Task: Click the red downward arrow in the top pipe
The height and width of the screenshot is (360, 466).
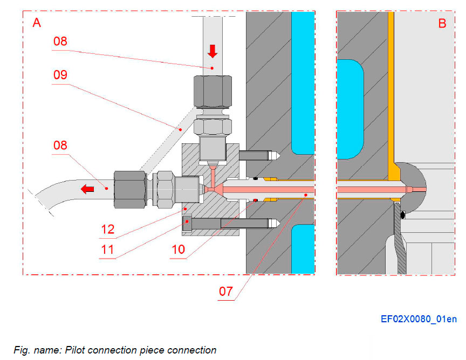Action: tap(212, 51)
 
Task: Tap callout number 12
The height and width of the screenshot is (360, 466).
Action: tap(107, 229)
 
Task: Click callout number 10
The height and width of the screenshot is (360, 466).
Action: tap(177, 250)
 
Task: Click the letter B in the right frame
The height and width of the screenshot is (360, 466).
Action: tap(442, 24)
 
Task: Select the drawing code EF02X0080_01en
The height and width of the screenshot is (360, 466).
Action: tap(419, 319)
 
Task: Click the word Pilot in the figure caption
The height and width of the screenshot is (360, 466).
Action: tap(77, 350)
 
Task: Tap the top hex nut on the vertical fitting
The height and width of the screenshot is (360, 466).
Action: tap(213, 90)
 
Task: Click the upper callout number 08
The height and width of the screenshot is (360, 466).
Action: tap(60, 41)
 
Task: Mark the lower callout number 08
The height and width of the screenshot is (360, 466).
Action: tap(60, 145)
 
